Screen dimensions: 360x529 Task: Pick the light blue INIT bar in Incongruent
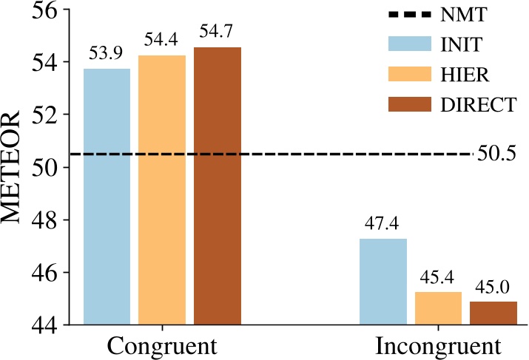point(383,281)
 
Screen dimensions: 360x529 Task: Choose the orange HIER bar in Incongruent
point(438,308)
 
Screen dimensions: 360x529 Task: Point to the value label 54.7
point(218,34)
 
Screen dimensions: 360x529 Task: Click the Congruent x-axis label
point(162,346)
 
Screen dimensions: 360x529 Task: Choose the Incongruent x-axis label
point(438,346)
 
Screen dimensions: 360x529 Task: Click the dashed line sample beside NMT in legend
point(410,14)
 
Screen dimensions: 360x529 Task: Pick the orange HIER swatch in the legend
point(410,74)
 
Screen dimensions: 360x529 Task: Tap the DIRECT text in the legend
point(477,105)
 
